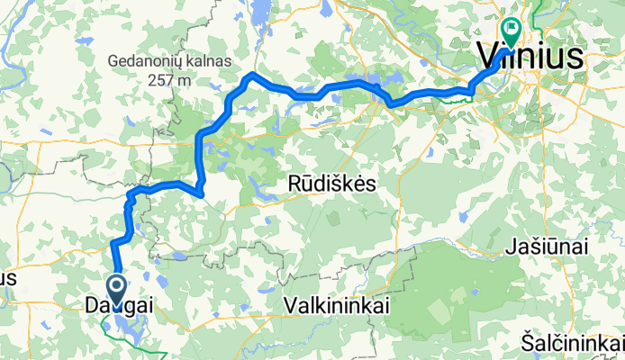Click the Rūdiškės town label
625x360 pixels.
click(x=331, y=183)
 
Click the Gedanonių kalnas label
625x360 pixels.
click(x=169, y=61)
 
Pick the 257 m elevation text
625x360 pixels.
click(x=169, y=79)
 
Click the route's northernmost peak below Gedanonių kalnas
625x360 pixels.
click(x=253, y=75)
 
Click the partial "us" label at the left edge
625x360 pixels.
click(x=9, y=277)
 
